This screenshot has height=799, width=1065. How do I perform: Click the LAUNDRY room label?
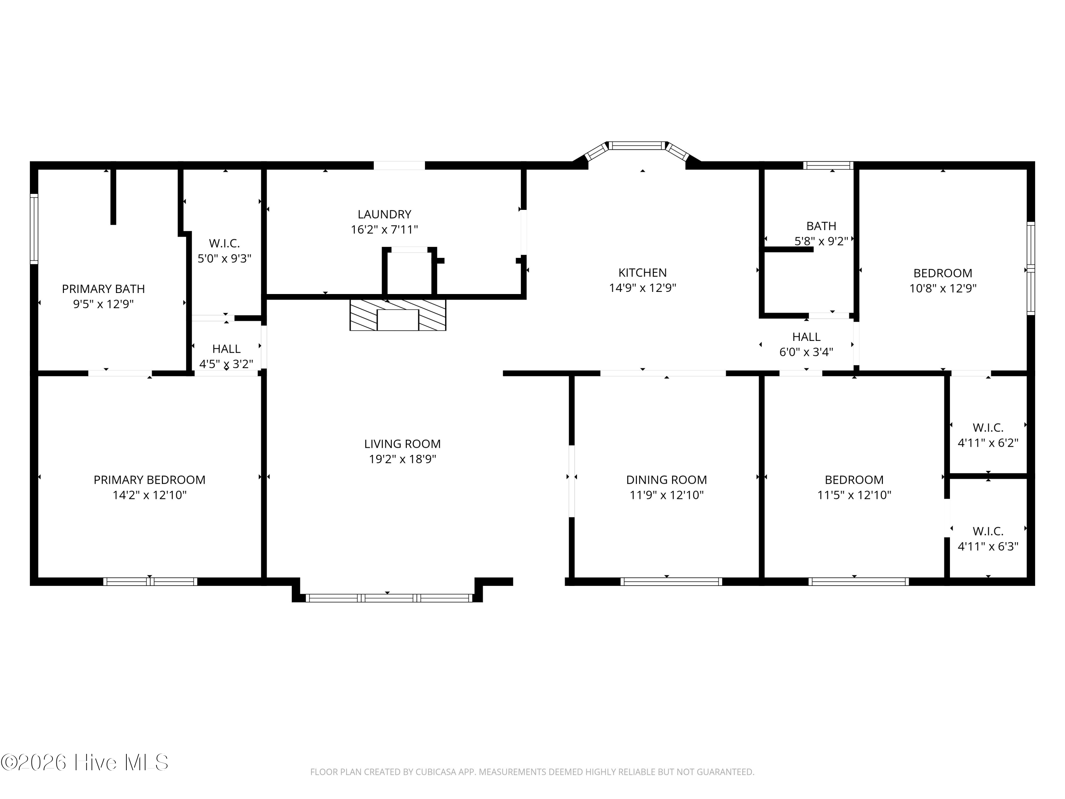384,214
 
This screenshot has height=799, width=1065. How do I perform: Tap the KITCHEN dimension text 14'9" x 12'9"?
642,288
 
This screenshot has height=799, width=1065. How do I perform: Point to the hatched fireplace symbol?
398,315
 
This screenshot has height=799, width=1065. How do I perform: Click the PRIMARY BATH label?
103,289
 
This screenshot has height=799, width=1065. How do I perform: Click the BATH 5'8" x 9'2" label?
821,233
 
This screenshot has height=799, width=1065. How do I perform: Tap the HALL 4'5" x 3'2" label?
226,356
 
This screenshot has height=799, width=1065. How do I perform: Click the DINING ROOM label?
666,480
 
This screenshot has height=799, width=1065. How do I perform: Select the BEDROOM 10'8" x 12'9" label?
942,280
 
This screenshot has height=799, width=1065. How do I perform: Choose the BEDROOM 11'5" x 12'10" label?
854,487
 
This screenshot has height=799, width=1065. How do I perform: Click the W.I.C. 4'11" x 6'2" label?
988,435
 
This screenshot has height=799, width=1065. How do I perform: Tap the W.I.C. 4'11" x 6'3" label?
988,538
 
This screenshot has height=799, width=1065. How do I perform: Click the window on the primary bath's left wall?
34,229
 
